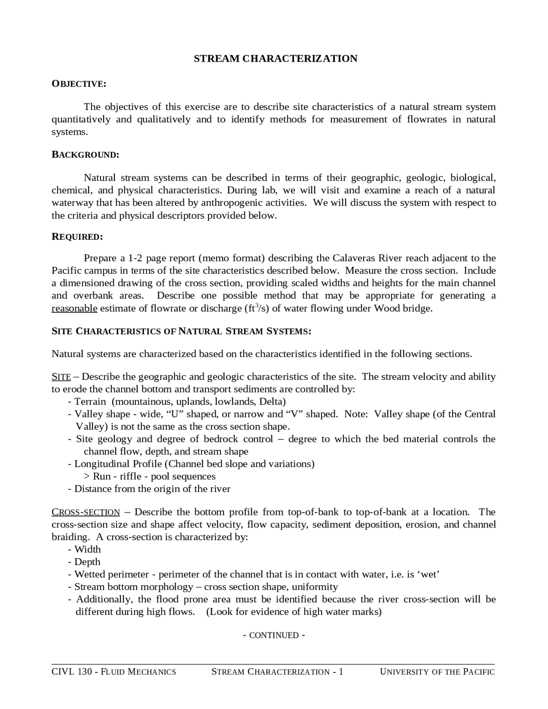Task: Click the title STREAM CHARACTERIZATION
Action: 275,59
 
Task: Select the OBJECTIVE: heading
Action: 79,83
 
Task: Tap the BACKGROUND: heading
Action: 85,155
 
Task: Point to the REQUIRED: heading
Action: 77,237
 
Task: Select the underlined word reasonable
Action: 74,309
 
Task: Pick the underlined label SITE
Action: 61,377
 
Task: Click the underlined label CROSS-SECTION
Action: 86,512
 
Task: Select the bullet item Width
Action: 87,549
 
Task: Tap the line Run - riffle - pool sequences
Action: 154,477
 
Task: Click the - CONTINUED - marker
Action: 274,635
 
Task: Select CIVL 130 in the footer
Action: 71,672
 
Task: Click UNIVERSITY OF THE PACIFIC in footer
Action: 437,672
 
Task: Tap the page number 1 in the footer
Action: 341,672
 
